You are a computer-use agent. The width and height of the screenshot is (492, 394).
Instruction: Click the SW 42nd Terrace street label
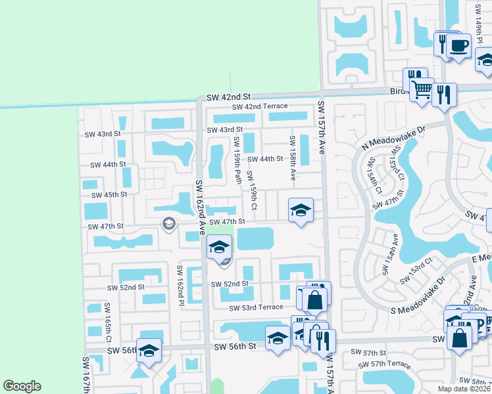click(x=259, y=107)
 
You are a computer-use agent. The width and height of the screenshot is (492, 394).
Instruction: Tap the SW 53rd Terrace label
click(x=256, y=307)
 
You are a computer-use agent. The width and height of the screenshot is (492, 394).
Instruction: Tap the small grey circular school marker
click(x=168, y=225)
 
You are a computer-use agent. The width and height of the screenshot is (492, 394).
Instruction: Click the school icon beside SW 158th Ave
click(x=301, y=210)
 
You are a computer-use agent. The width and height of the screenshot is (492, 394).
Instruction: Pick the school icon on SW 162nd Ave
click(x=219, y=247)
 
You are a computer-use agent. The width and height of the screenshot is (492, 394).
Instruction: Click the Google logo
click(x=22, y=386)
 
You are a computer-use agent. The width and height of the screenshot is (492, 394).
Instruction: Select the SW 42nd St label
click(x=225, y=97)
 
